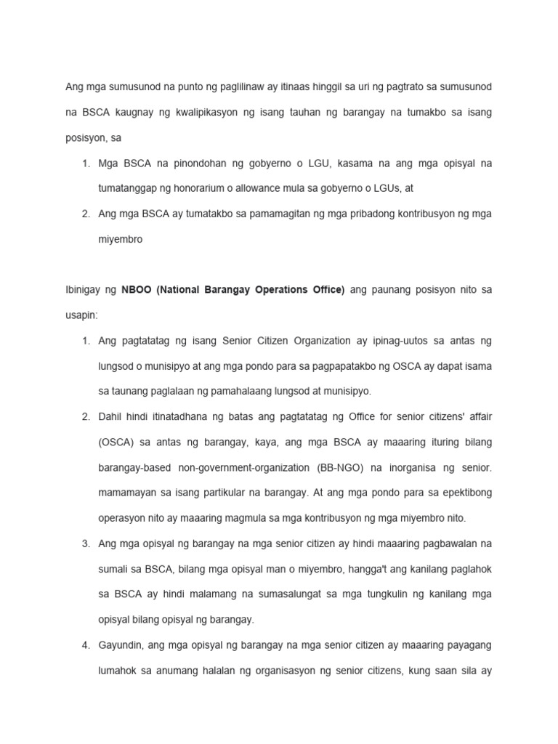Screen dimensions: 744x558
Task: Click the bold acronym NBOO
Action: point(137,290)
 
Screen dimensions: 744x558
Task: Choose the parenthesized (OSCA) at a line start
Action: point(116,442)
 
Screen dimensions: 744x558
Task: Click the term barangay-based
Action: point(134,468)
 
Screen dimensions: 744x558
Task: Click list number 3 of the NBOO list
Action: point(85,544)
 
